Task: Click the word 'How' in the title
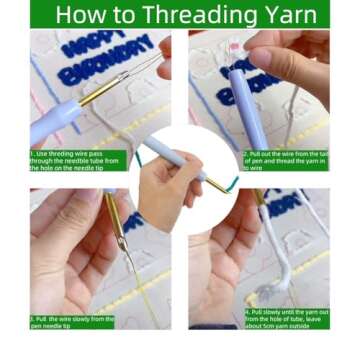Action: point(82,14)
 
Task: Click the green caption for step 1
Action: point(78,160)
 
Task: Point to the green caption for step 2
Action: point(285,160)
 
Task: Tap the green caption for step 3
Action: point(72,321)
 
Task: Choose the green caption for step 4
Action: point(286,317)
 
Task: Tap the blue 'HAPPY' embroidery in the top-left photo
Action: point(92,44)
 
